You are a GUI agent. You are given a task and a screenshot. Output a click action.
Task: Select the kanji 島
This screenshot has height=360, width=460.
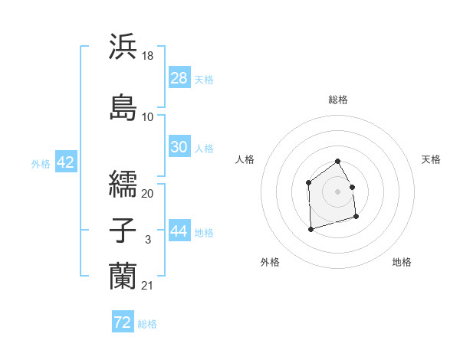click(123, 106)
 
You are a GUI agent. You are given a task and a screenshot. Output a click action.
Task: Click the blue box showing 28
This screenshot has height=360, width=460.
click(179, 78)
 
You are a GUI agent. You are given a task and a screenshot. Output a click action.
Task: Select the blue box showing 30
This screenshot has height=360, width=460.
click(179, 147)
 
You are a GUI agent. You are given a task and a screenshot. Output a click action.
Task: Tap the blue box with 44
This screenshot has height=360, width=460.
click(179, 232)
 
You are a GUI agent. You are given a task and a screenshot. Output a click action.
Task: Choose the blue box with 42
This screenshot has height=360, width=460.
click(65, 162)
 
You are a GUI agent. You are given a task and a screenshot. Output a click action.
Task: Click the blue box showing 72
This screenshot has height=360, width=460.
click(123, 322)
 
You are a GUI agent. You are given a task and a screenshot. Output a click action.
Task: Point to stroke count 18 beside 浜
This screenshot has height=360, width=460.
click(148, 56)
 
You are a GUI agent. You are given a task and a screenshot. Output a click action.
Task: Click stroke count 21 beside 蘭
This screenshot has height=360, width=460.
click(148, 286)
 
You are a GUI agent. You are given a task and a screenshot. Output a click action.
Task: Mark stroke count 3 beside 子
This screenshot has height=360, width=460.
click(148, 241)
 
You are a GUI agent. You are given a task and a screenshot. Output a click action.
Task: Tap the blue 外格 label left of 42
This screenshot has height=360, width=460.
click(40, 163)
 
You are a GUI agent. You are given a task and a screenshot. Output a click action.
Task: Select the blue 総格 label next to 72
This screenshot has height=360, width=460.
click(147, 323)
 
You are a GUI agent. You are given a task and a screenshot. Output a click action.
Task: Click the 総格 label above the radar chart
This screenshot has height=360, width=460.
click(337, 100)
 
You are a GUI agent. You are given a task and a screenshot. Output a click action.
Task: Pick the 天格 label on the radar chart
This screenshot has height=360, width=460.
click(431, 159)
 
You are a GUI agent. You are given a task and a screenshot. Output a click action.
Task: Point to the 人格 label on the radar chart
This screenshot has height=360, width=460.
click(245, 159)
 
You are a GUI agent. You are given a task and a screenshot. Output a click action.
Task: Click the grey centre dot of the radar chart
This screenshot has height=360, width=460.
click(337, 191)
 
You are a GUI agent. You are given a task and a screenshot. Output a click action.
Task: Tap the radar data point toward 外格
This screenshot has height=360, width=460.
click(310, 228)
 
